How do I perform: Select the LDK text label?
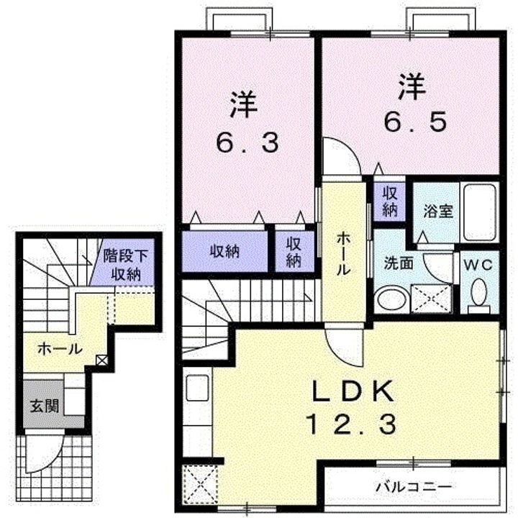coord(353,393)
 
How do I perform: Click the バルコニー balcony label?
coord(413,486)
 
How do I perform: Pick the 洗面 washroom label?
coord(397,263)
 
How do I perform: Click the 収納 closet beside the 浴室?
coord(390,201)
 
